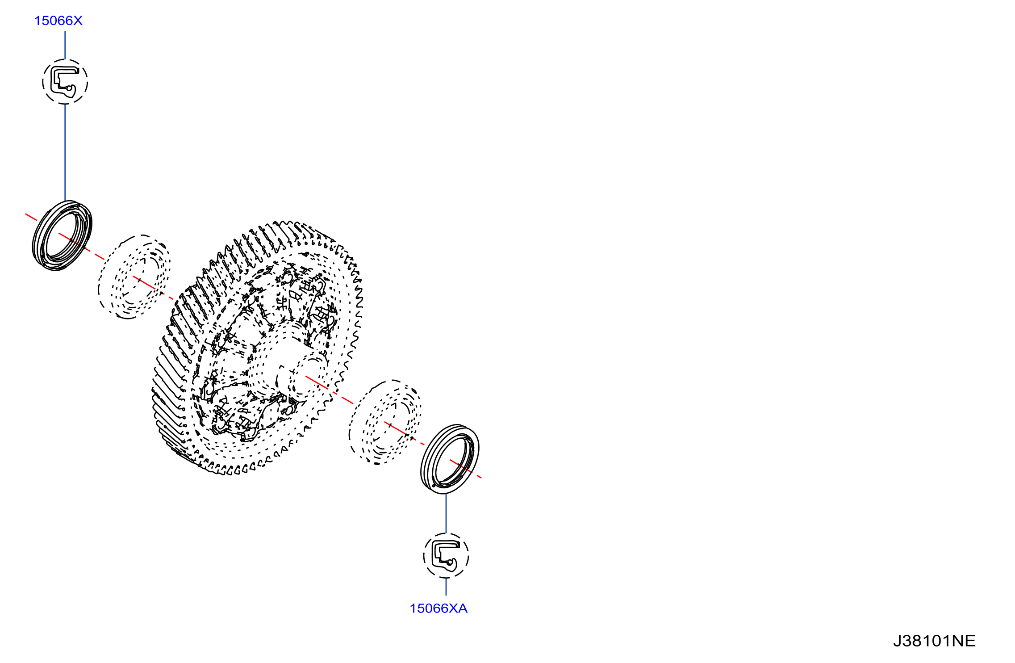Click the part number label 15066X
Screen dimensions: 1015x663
[58, 21]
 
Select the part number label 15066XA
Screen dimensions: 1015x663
[439, 608]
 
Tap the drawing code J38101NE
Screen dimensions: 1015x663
[934, 641]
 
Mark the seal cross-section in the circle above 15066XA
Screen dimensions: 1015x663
[446, 556]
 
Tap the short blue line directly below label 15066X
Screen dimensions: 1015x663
[65, 45]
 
